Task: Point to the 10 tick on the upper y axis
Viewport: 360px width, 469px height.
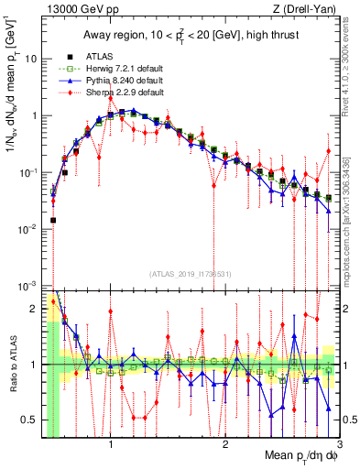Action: coord(30,59)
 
